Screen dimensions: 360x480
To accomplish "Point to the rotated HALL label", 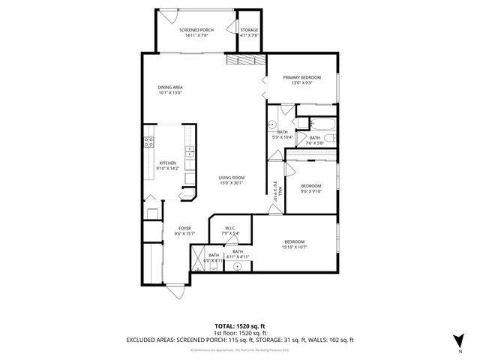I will [x=275, y=190].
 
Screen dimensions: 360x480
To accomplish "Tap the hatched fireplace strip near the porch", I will [x=244, y=61].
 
